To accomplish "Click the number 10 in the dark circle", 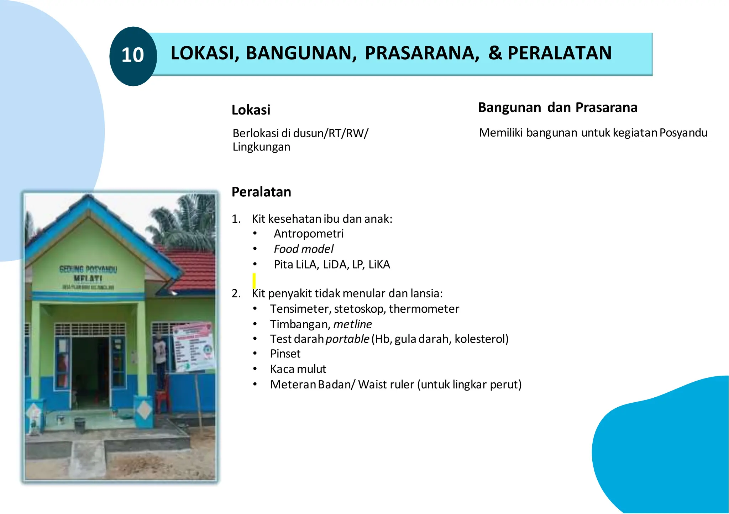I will (132, 55).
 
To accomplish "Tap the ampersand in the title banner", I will (495, 53).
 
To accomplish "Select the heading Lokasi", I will (251, 110).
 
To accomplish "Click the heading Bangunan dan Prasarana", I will (557, 107).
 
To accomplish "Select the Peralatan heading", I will (261, 192).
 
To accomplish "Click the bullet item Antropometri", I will (309, 234).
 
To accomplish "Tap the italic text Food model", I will (304, 249).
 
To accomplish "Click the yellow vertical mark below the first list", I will (254, 281).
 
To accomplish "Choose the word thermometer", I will (424, 309).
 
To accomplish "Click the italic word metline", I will (352, 324).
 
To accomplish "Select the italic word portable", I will (347, 339).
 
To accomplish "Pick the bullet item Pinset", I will (285, 354).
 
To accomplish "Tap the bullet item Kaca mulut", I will (298, 369).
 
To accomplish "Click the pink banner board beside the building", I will (193, 347).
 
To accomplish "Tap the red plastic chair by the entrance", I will (163, 395).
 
